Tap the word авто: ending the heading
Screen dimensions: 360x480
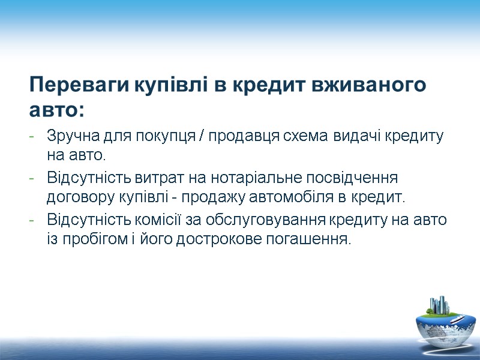click(x=57, y=110)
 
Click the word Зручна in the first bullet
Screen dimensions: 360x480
click(x=66, y=137)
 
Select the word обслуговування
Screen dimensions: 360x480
click(x=256, y=220)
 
